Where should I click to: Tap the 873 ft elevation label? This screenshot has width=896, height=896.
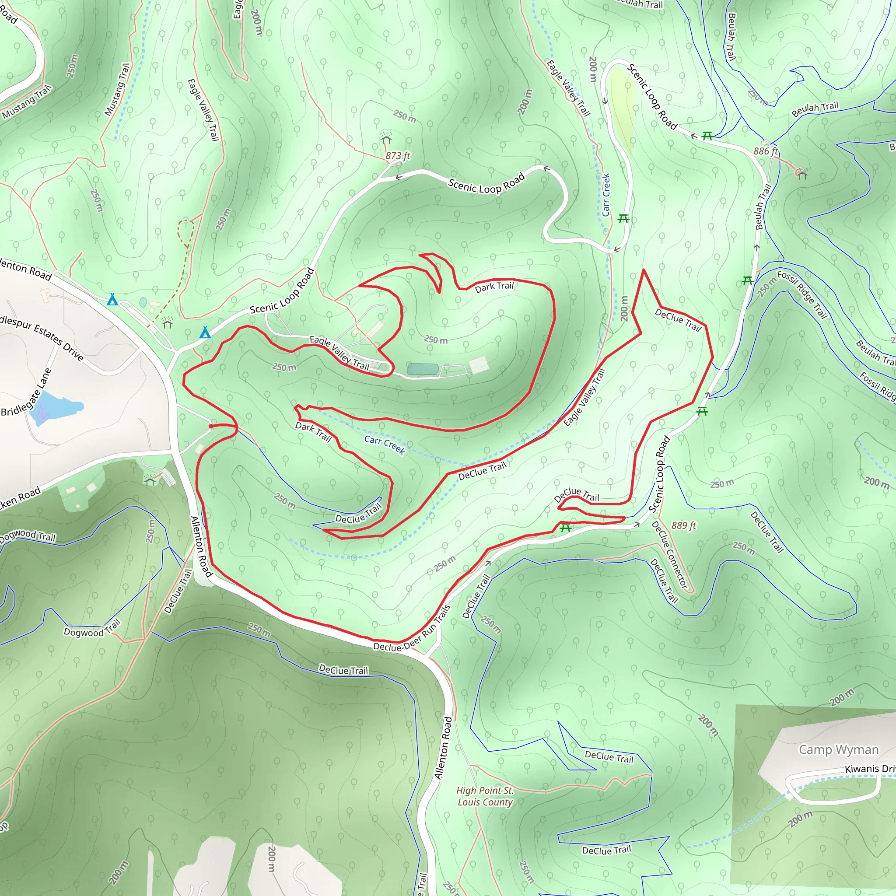398,156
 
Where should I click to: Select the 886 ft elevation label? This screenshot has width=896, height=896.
765,151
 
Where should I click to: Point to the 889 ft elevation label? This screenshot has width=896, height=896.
684,525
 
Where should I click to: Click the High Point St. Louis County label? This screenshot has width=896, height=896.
485,796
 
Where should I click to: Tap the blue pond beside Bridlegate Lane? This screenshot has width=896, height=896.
56,408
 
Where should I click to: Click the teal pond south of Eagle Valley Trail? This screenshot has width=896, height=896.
423,369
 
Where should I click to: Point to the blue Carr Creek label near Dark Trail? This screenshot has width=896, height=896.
385,445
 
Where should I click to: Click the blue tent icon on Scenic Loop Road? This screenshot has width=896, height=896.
205,332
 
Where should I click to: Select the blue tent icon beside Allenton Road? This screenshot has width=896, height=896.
112,300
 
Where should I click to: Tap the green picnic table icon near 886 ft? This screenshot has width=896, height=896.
707,136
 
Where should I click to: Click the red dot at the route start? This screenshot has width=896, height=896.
211,426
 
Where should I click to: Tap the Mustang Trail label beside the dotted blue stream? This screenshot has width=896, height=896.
117,89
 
